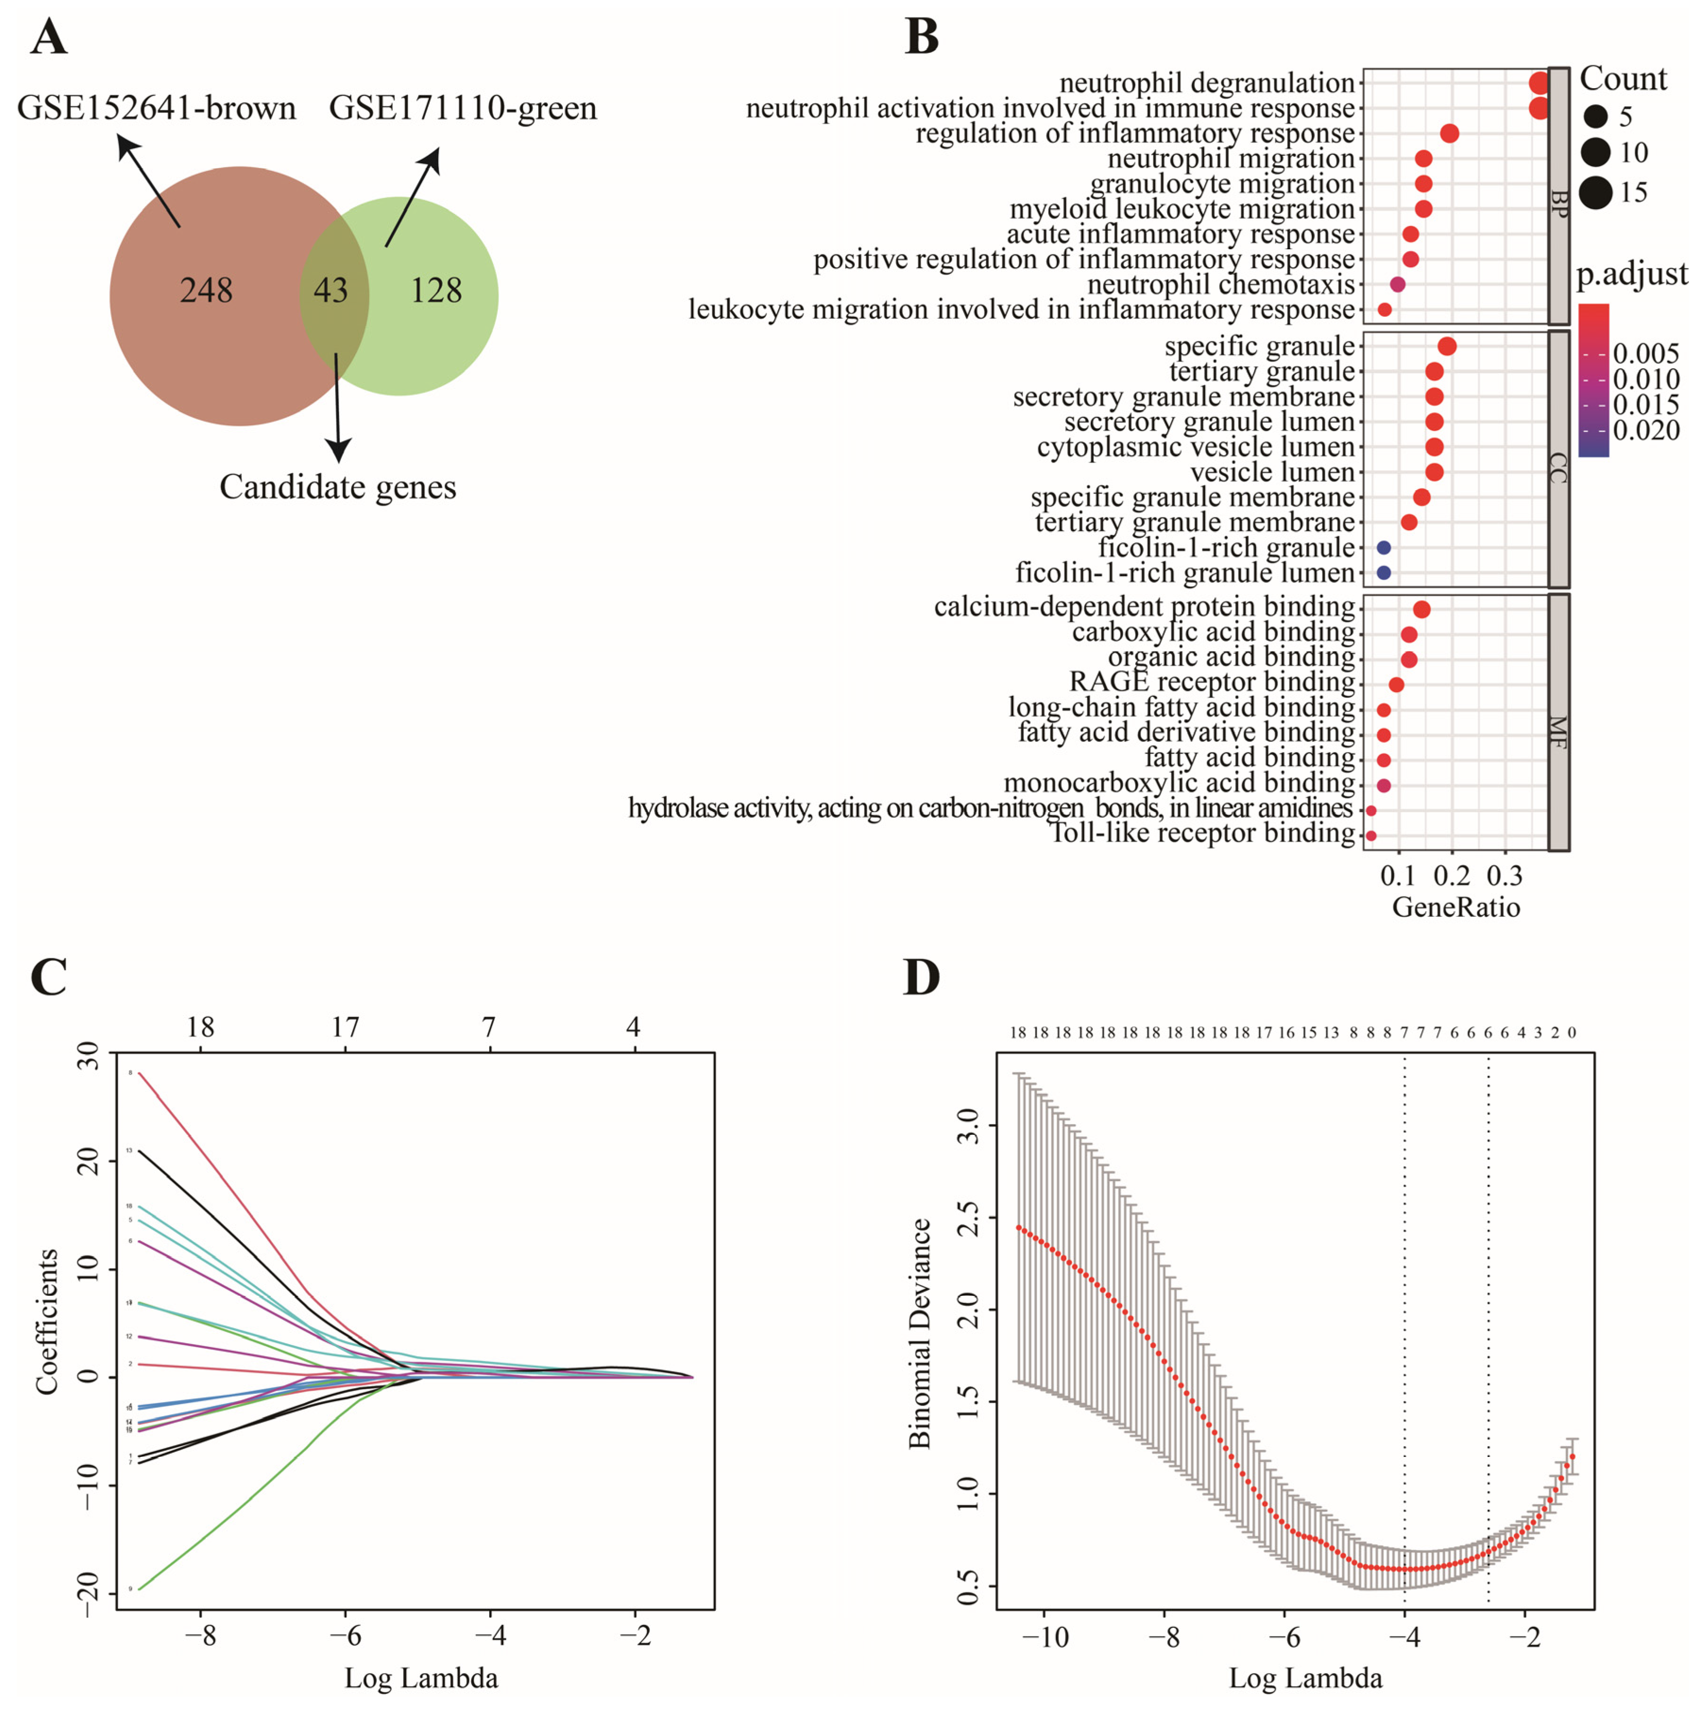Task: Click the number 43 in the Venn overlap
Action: [x=330, y=290]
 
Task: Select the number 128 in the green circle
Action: [x=435, y=290]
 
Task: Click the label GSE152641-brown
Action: [x=157, y=108]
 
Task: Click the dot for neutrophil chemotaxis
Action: [x=1398, y=284]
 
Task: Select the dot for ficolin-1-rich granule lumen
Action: [x=1383, y=573]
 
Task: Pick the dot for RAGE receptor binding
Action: [x=1396, y=684]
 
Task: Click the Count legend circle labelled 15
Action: [x=1595, y=192]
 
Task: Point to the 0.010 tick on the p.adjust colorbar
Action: [x=1646, y=379]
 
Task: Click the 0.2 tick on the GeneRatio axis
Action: [x=1452, y=876]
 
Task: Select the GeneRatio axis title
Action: [x=1456, y=908]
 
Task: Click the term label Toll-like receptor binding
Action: [x=1202, y=833]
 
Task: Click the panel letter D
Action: [x=921, y=978]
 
